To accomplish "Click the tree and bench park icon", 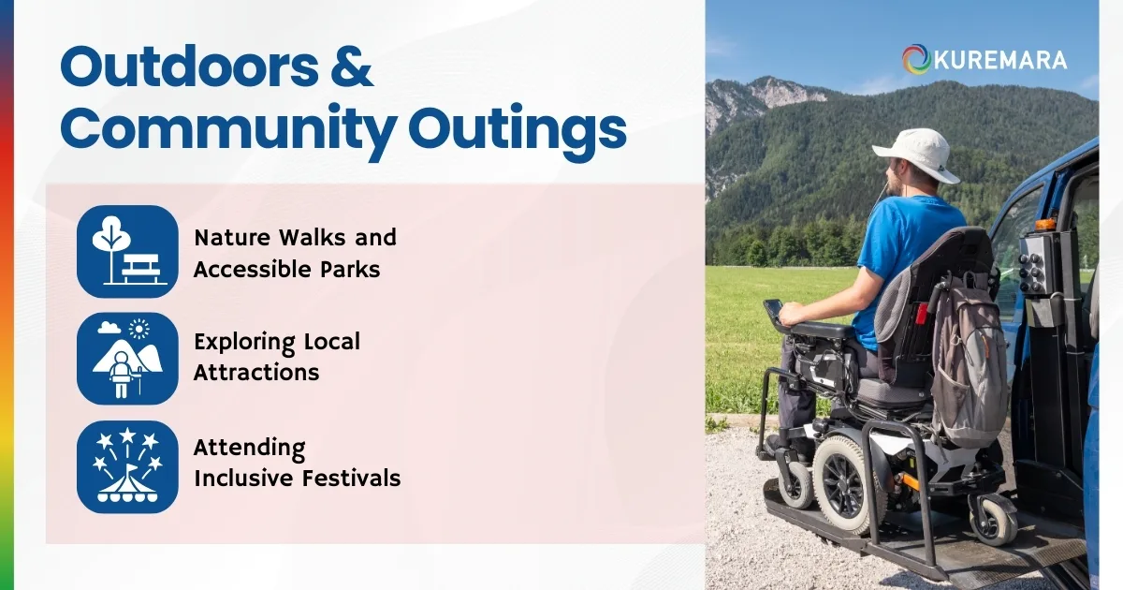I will (127, 251).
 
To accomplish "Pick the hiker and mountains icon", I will (127, 359).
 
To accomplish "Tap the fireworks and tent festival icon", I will (127, 466).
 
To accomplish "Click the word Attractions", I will (256, 372).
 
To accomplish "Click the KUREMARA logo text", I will (1000, 60).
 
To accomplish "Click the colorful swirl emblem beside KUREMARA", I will (916, 59).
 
